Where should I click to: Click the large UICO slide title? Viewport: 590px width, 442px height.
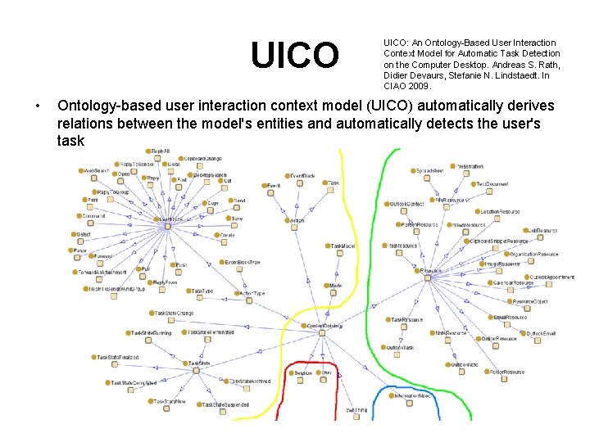click(294, 56)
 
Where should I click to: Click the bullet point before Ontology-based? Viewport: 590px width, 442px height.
click(38, 106)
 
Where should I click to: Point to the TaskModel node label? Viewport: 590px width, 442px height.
click(343, 246)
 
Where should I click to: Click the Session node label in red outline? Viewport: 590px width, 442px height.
click(303, 372)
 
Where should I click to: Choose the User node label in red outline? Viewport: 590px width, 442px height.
click(327, 372)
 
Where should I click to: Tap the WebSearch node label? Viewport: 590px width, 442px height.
click(97, 170)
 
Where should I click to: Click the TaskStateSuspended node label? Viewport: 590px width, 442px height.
click(225, 404)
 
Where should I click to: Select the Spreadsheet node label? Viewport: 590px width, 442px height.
click(430, 170)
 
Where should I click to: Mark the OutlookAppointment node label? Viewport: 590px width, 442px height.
click(552, 277)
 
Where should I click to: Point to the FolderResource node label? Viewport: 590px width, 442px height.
click(507, 372)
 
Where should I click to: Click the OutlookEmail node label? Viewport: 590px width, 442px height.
click(540, 333)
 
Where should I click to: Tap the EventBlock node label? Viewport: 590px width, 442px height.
click(303, 175)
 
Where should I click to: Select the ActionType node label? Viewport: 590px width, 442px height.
click(252, 293)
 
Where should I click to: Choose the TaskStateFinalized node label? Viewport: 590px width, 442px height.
click(118, 357)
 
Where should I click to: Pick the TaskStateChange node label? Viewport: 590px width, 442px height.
click(175, 313)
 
